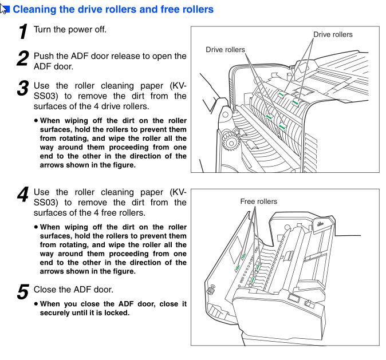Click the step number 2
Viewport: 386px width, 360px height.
click(23, 59)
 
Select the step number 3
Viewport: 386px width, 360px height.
click(23, 88)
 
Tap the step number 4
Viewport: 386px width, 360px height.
click(23, 195)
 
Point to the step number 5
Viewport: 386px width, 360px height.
click(23, 292)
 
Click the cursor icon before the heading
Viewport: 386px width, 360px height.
click(5, 9)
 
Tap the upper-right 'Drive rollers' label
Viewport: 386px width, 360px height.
click(333, 34)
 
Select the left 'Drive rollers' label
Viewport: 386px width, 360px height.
click(225, 50)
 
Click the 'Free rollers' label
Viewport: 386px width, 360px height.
click(258, 201)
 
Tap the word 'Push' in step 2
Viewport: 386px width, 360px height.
click(44, 56)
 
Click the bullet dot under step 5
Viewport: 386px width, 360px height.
click(36, 304)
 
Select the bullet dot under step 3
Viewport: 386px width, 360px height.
click(36, 121)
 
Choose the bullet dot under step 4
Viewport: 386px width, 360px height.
click(36, 227)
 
